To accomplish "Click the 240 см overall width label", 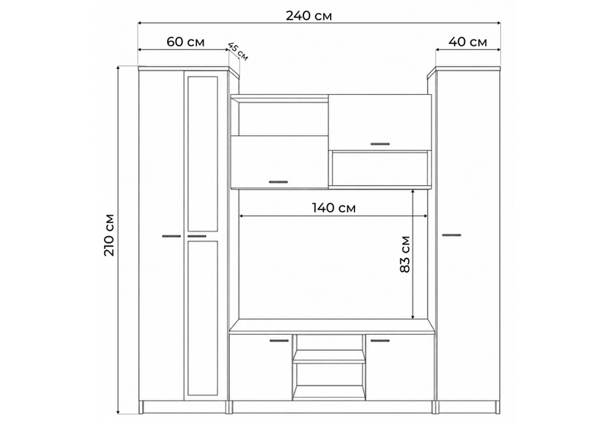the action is pos(309,16).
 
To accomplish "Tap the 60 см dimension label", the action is pos(185,42).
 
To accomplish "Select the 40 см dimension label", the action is pos(467,42).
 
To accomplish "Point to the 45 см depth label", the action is pos(237,51).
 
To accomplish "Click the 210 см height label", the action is pos(109,235).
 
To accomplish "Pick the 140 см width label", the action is pos(334,208).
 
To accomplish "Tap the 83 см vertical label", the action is pos(405,254).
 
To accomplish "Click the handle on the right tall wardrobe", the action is pos(451,235).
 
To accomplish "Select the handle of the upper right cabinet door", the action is pos(380,144).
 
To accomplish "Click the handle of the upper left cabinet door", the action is pos(278,181).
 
